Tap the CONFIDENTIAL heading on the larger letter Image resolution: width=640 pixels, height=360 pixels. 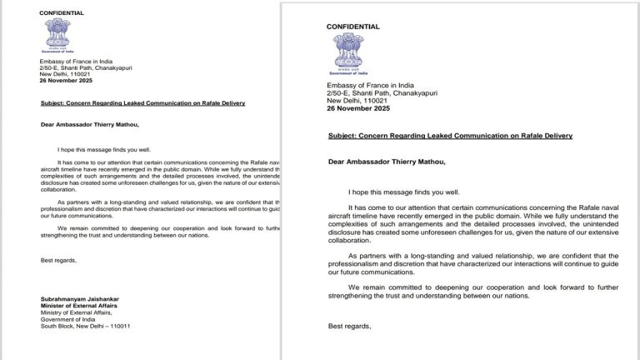pos(353,27)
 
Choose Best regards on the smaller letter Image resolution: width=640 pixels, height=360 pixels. pos(57,261)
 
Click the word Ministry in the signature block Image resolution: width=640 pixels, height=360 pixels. pos(52,313)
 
